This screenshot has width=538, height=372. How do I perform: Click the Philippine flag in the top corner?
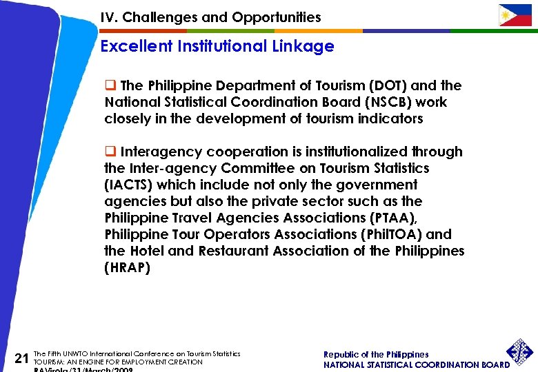[515, 15]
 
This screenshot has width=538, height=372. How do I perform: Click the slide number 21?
[21, 357]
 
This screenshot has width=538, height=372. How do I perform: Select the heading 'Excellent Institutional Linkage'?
[217, 47]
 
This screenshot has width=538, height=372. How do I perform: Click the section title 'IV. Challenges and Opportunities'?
[210, 17]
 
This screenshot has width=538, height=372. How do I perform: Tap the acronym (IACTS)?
[126, 185]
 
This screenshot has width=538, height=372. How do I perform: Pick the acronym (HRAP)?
[127, 267]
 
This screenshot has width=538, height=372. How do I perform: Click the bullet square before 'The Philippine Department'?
[110, 85]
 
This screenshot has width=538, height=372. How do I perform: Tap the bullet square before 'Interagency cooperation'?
[110, 152]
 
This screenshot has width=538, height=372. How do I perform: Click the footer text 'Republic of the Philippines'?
[376, 354]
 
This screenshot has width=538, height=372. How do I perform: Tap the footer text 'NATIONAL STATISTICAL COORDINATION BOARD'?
[417, 364]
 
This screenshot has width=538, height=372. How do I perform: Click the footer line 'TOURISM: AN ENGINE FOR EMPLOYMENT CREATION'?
[118, 362]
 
